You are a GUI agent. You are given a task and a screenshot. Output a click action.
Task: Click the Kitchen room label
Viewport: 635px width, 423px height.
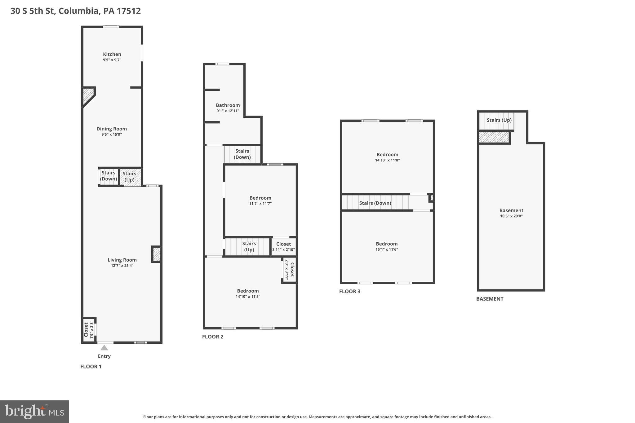[x=112, y=54]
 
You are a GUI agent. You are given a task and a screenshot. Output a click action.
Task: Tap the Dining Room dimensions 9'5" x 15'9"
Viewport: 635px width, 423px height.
[x=111, y=134]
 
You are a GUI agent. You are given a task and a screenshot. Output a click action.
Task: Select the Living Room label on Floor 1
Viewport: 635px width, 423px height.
[x=122, y=260]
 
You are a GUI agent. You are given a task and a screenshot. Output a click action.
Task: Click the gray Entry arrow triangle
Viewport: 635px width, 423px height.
[x=104, y=348]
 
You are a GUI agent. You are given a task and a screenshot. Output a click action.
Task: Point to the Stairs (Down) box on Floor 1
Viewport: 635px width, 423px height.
[x=109, y=176]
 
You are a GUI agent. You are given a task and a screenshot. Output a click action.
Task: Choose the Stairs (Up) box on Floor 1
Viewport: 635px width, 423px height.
[x=130, y=177]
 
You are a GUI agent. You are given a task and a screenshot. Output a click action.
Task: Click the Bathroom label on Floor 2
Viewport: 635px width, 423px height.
[x=228, y=105]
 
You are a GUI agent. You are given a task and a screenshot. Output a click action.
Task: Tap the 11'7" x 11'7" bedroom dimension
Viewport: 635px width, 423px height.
[x=260, y=204]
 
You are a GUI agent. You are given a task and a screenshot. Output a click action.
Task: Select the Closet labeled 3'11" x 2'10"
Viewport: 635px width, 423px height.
[x=283, y=247]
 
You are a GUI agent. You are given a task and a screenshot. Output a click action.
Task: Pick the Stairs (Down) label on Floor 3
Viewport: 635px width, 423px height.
[x=375, y=203]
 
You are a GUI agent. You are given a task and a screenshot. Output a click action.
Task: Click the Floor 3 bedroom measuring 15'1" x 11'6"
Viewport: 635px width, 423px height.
[x=387, y=246]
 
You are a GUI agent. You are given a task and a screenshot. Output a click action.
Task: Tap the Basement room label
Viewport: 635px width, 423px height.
[x=511, y=210]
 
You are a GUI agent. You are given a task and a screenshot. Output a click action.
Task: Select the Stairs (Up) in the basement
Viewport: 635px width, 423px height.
[x=499, y=120]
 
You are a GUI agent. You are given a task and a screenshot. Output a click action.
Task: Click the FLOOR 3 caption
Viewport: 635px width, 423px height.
[x=350, y=291]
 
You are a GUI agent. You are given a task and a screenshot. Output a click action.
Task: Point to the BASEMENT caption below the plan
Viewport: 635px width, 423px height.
[x=490, y=299]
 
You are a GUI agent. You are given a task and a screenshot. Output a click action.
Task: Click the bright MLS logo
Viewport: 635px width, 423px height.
[x=34, y=412]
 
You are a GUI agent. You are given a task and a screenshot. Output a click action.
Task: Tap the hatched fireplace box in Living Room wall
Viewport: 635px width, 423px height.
[x=157, y=254]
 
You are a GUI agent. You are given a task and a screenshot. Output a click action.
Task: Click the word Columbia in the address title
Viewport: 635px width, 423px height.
[x=79, y=11]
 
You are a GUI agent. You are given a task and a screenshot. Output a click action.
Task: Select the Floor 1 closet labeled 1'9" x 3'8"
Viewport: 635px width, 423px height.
[x=88, y=330]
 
